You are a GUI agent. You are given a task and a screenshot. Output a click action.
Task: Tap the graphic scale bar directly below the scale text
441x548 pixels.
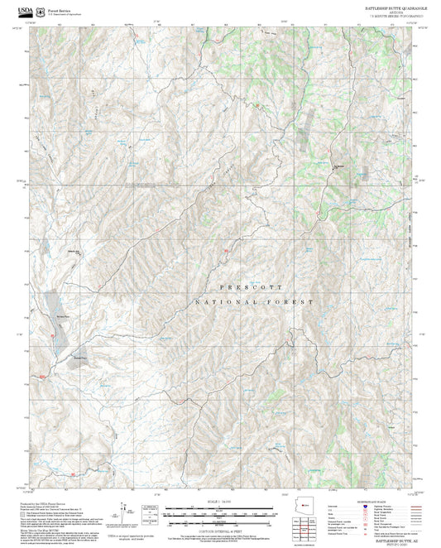tap(220, 511)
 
